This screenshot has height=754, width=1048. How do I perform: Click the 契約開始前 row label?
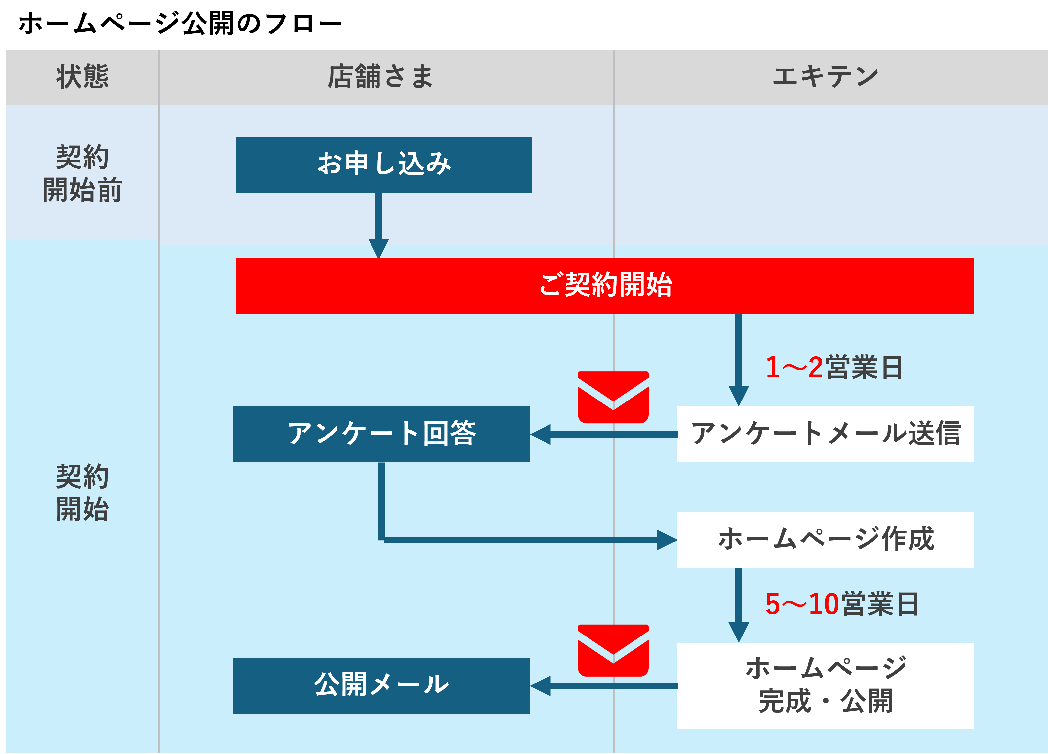(82, 173)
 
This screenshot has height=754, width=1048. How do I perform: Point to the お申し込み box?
(383, 164)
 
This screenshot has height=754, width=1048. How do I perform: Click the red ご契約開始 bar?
(604, 285)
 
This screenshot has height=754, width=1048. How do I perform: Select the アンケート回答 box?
(381, 434)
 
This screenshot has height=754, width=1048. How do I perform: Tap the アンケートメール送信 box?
(825, 434)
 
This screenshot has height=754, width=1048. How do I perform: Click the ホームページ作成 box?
(825, 540)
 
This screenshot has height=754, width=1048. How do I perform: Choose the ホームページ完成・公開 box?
(825, 685)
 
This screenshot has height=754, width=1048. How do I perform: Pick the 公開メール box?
(381, 685)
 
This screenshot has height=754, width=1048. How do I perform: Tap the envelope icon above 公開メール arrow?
(613, 650)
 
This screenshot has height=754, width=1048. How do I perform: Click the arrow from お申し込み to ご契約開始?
(378, 222)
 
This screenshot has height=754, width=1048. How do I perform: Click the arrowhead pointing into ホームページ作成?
(667, 540)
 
